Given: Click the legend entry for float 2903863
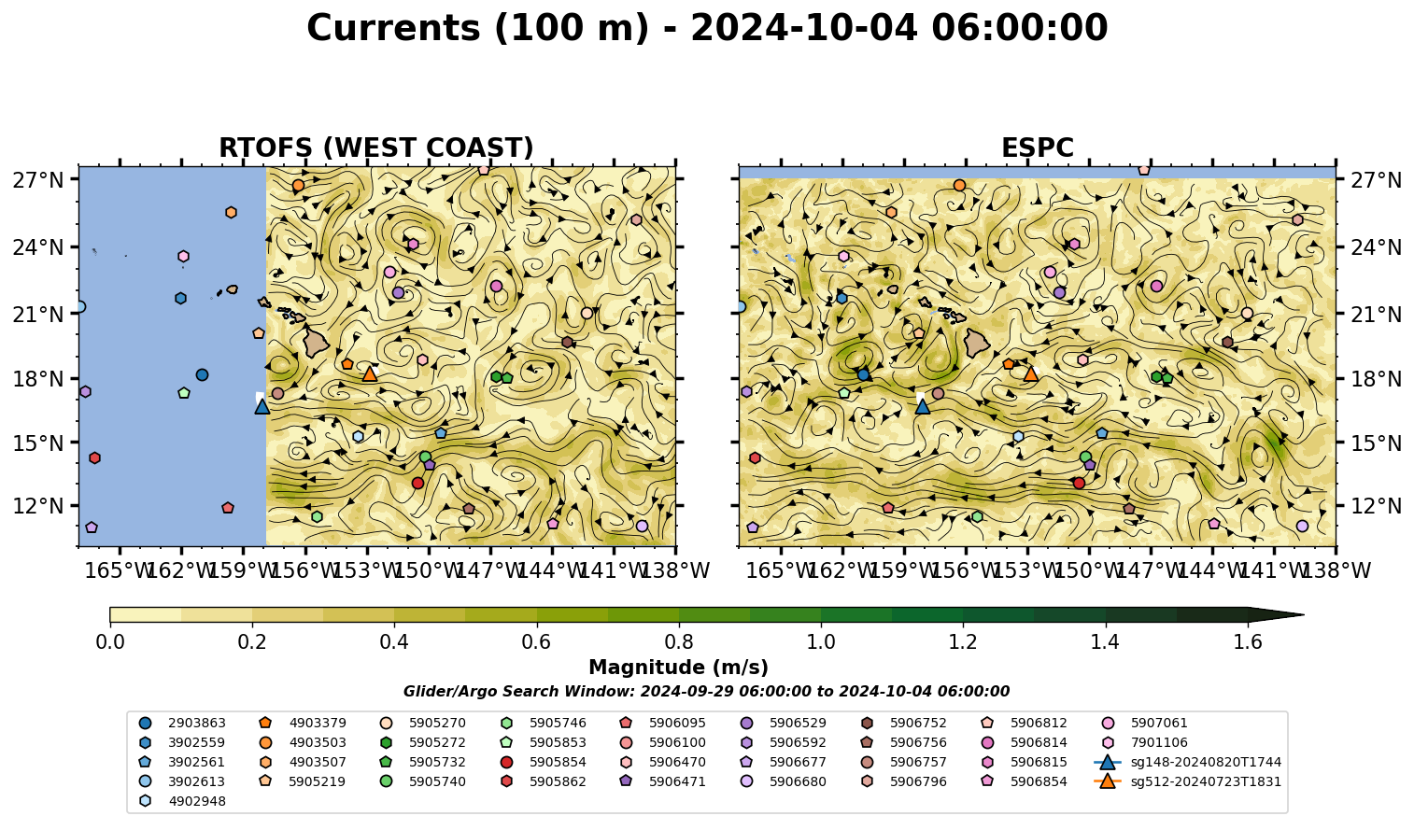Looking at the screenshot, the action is [x=182, y=723].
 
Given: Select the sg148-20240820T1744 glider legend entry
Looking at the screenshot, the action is [x=1188, y=762].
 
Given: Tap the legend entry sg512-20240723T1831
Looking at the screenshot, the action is [x=1188, y=781].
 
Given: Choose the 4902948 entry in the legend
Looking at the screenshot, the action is [x=182, y=801].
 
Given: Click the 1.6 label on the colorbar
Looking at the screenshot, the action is [x=1248, y=642].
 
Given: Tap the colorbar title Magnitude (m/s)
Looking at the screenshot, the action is [x=679, y=668].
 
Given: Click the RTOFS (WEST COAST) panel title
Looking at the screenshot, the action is [x=376, y=148].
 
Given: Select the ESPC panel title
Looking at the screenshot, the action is [x=1038, y=148].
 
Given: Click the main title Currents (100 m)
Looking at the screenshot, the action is [x=478, y=28].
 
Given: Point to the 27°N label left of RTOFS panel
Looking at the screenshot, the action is [x=38, y=180].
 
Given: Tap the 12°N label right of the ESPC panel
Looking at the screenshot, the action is [x=1376, y=506].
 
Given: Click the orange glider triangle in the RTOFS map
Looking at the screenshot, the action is [x=370, y=373].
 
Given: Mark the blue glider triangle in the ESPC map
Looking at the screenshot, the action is [x=922, y=406].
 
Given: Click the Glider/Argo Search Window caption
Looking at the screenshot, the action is [x=706, y=691].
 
